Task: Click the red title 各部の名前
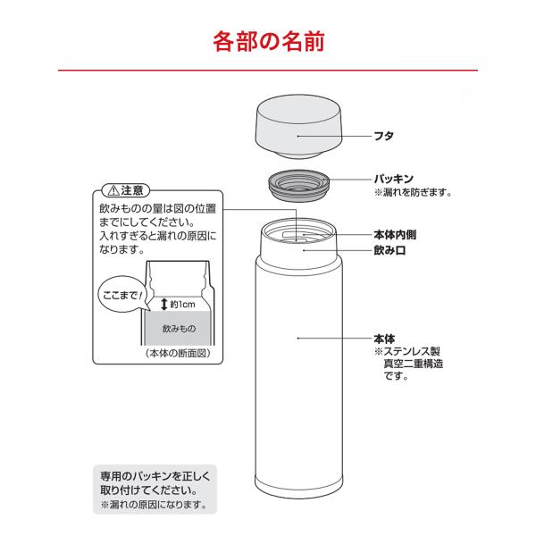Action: coord(269,42)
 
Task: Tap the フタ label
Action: coord(384,136)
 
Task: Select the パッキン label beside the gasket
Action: coord(394,179)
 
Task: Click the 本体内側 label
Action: coord(395,235)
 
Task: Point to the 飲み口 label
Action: coord(389,250)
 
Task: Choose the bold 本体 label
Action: coord(384,339)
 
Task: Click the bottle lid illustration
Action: coord(298,127)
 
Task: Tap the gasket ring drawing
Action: coord(298,184)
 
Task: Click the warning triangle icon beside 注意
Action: coord(113,190)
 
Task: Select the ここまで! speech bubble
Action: coord(122,295)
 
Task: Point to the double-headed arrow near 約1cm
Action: coord(164,304)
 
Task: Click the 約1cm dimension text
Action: coord(182,305)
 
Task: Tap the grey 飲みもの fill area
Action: coord(178,328)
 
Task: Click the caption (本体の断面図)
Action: coord(178,354)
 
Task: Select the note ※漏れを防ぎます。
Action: coord(413,192)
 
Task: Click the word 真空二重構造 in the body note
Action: coord(414,364)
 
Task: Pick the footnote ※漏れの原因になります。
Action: coord(154,505)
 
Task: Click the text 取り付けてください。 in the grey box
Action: coord(149,490)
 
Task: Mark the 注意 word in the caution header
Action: coord(132,190)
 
